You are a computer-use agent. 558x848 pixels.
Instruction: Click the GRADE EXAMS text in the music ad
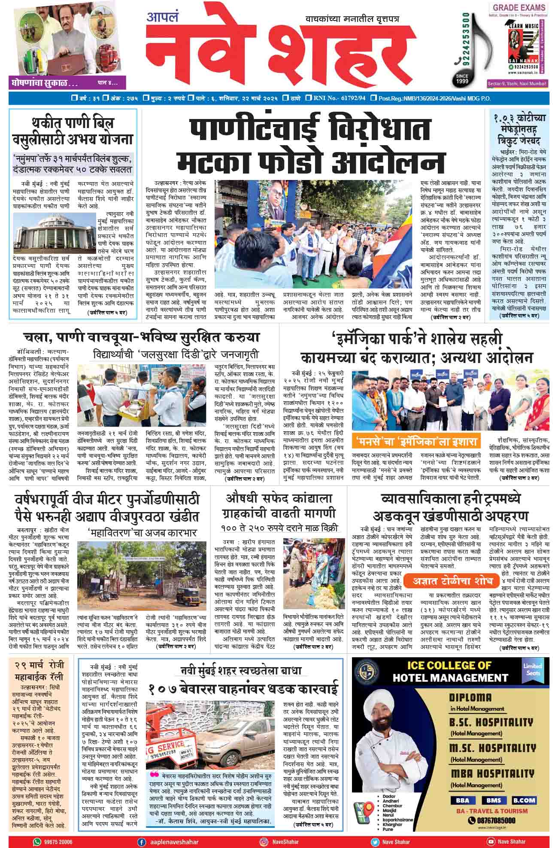[519, 7]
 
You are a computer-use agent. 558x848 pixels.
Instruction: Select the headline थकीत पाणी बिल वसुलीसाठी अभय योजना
[73, 131]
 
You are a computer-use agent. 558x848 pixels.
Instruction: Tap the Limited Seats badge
[532, 670]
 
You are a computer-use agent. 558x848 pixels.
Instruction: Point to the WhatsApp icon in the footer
[37, 842]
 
